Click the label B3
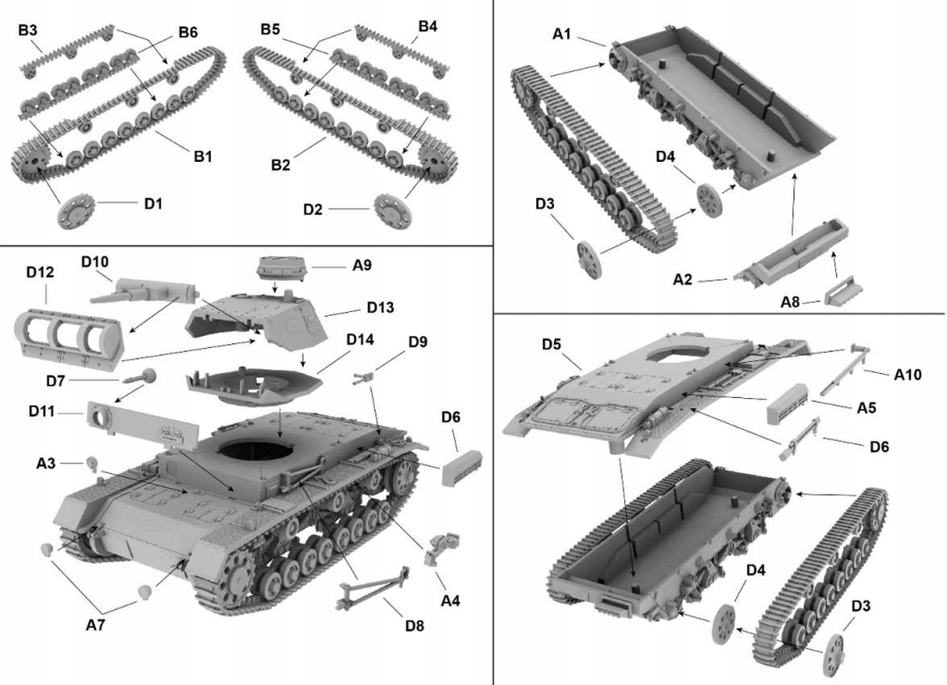(28, 31)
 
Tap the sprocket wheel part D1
(78, 211)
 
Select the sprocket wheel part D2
(393, 210)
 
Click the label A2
(683, 280)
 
